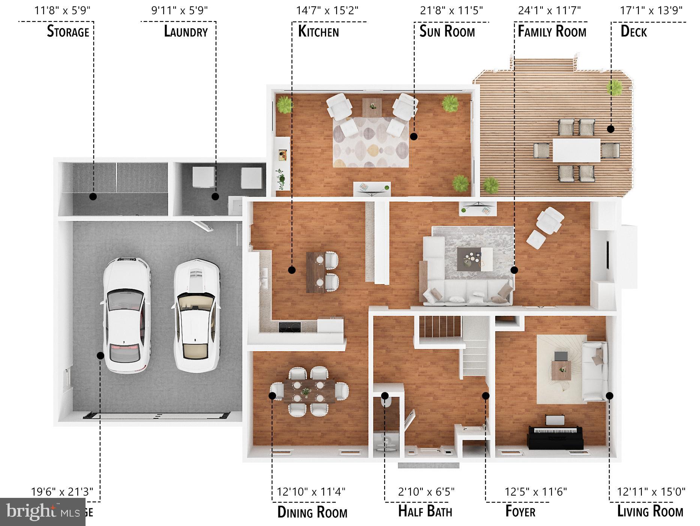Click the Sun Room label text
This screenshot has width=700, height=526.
pos(447,32)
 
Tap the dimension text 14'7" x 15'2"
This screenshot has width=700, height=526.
pos(327,10)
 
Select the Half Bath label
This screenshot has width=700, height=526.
pos(425,511)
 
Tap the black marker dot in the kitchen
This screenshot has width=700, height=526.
pos(292,270)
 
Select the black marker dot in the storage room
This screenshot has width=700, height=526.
pos(93,196)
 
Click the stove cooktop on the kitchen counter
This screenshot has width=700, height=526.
pos(290,327)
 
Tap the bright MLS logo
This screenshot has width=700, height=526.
pos(42,512)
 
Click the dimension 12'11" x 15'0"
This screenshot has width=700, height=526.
pos(651,491)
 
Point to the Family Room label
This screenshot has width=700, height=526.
pos(552,32)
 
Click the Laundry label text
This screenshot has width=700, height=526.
pos(186,32)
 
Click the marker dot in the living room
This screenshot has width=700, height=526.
pos(610,395)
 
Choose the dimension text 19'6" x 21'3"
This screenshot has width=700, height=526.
pos(62,491)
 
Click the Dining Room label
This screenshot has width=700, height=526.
pos(312,512)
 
